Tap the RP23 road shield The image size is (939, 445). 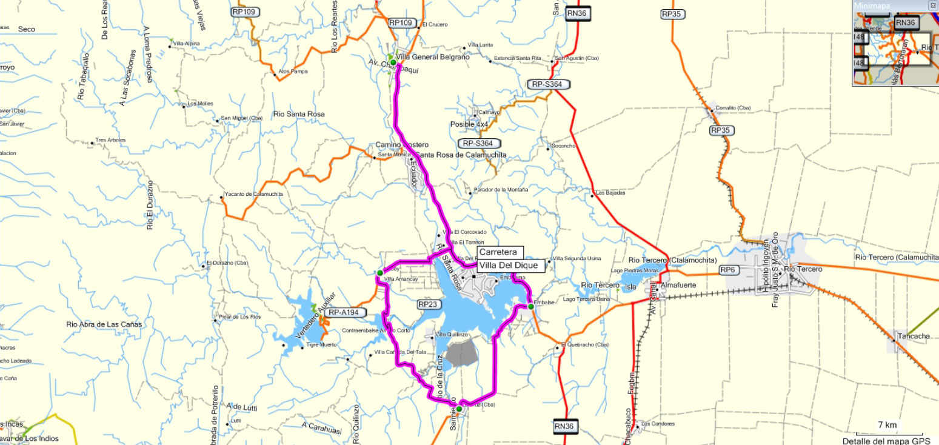click(x=427, y=304)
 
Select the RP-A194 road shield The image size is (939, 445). click(x=344, y=313)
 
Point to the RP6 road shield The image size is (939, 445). click(x=726, y=269)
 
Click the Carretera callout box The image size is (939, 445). click(x=497, y=252)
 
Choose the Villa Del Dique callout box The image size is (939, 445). click(x=507, y=265)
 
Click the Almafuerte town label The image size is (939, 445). click(x=678, y=284)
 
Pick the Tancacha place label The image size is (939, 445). click(x=914, y=336)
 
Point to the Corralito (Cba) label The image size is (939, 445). click(x=733, y=108)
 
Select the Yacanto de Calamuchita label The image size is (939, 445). click(x=253, y=194)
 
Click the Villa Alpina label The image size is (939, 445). click(x=186, y=44)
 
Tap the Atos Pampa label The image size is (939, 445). click(x=293, y=72)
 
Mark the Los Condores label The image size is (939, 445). click(x=658, y=423)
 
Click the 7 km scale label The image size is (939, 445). click(x=887, y=424)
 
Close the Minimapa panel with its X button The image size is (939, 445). click(x=932, y=5)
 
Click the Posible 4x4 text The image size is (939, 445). click(x=469, y=124)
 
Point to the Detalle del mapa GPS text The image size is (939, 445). click(x=882, y=440)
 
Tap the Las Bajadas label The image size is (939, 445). click(x=610, y=193)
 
